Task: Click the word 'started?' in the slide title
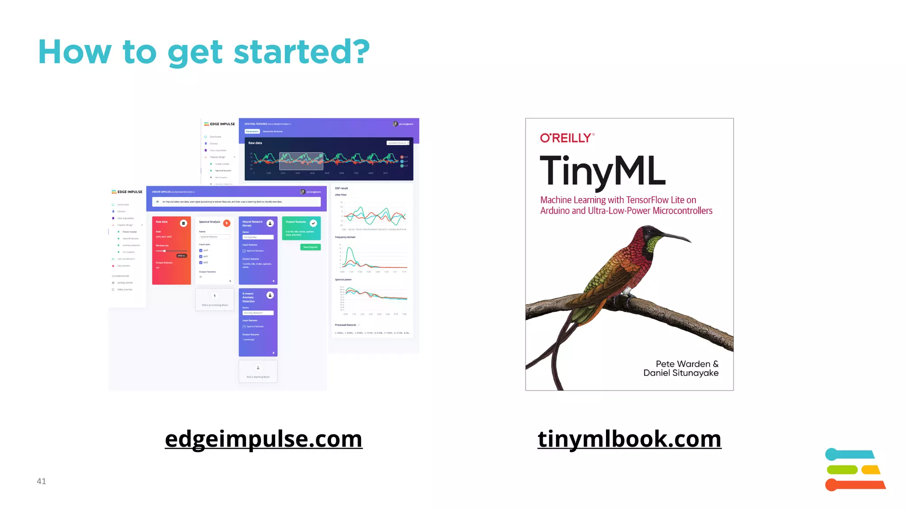301,52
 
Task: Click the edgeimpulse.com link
264,439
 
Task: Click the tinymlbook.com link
629,439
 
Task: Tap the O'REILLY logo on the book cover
567,138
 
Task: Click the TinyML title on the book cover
603,171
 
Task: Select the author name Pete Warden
683,364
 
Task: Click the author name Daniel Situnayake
680,373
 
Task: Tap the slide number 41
41,481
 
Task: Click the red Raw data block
171,250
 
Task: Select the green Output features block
301,228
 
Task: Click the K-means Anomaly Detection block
258,322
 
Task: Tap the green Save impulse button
310,247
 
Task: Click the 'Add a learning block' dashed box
258,371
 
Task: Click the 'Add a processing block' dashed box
215,300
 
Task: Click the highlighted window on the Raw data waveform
301,161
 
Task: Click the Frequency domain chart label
345,237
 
